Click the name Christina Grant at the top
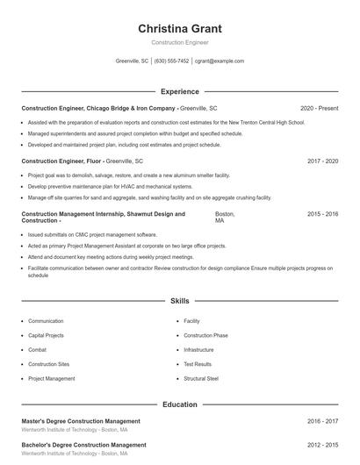coord(179,28)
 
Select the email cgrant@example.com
coord(220,61)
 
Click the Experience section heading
coord(179,91)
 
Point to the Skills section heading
coord(179,301)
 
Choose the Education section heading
coord(179,404)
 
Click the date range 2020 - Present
coord(319,108)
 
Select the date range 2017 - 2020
coord(322,161)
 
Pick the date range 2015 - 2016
coord(322,214)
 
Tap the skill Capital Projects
coord(46,335)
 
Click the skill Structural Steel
coord(201,378)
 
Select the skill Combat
coord(38,349)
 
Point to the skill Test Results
coord(198,364)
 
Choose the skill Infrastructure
coord(198,349)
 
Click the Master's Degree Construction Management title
coord(80,421)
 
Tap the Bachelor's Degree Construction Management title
coord(83,445)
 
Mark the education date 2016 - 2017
coord(322,421)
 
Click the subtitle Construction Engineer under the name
coord(179,42)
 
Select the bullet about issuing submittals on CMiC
coord(80,235)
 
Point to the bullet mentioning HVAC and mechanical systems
coord(110,186)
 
